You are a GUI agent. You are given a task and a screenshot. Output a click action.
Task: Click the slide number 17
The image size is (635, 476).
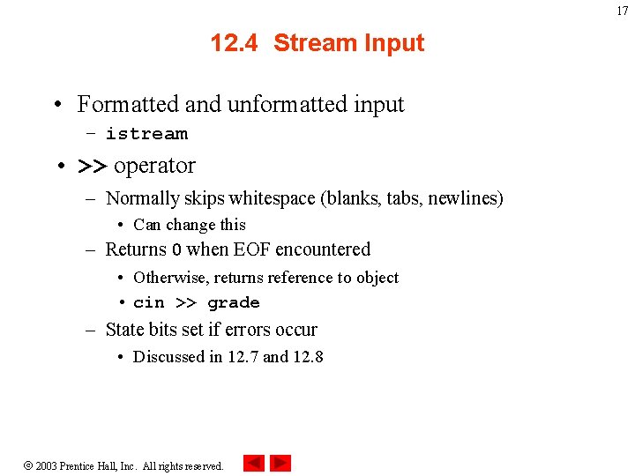[623, 11]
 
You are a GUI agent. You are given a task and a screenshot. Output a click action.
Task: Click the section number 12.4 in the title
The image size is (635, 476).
[235, 43]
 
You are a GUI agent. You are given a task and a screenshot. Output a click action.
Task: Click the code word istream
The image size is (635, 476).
[146, 134]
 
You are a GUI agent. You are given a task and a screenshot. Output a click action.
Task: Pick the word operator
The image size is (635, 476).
[154, 166]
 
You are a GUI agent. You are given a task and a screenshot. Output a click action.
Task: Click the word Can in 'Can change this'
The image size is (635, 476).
[147, 225]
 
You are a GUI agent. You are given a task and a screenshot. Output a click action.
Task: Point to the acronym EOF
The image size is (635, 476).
[251, 249]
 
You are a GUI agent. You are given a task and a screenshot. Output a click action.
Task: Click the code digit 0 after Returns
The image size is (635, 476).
[176, 250]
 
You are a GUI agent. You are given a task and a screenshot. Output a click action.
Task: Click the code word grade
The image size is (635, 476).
[234, 303]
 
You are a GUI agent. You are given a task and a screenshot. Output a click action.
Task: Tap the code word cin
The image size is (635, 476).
[148, 303]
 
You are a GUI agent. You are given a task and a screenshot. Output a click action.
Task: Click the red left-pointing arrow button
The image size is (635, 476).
[253, 463]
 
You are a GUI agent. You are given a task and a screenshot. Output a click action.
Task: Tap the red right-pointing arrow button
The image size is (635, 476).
[280, 463]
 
